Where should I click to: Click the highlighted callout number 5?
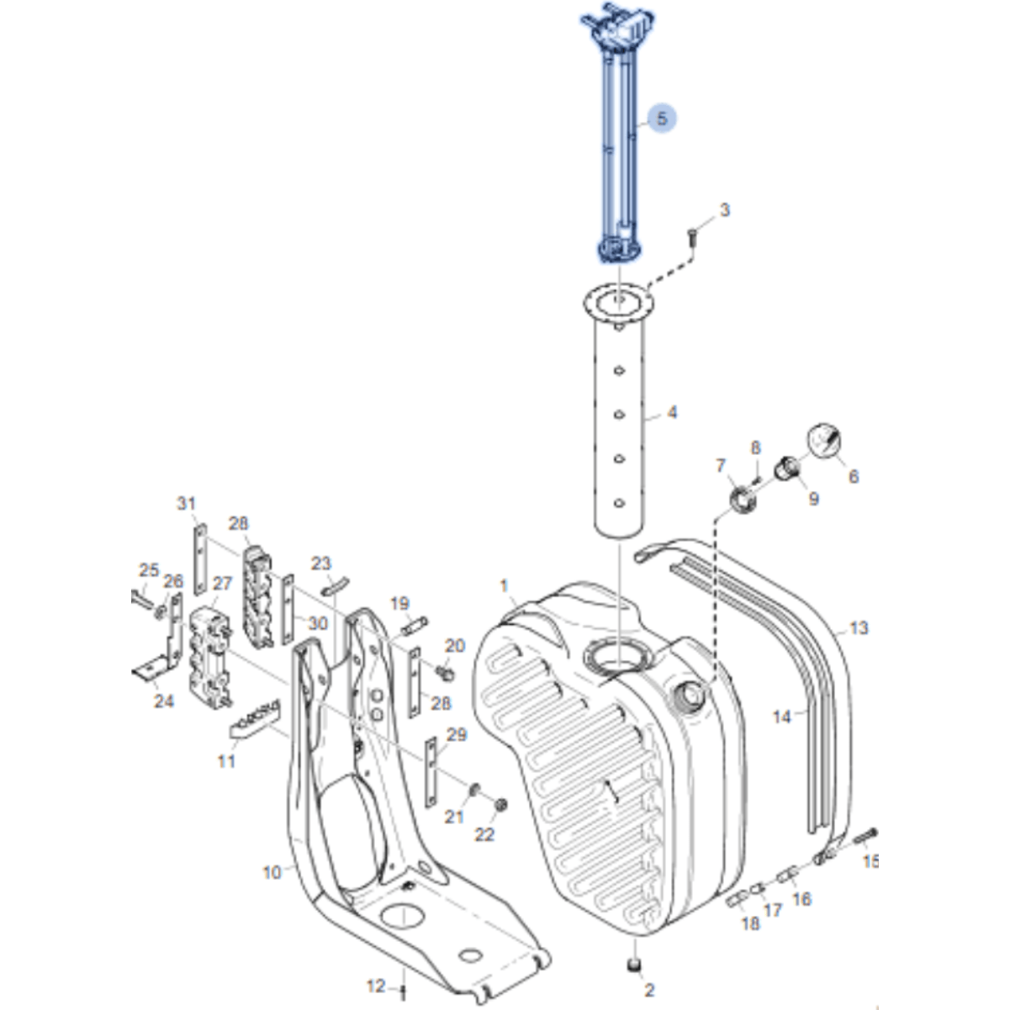pos(662,119)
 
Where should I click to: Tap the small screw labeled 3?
pos(691,236)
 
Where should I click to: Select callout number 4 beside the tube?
pos(671,413)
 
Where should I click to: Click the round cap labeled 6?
pos(824,441)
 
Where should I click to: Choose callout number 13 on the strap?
pos(859,628)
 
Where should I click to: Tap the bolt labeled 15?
pos(866,834)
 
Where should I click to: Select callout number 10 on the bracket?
pos(272,873)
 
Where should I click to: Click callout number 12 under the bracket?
pos(375,986)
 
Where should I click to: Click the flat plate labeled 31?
pos(200,559)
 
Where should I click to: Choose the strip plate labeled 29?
pos(432,772)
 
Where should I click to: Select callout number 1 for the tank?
pos(505,585)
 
